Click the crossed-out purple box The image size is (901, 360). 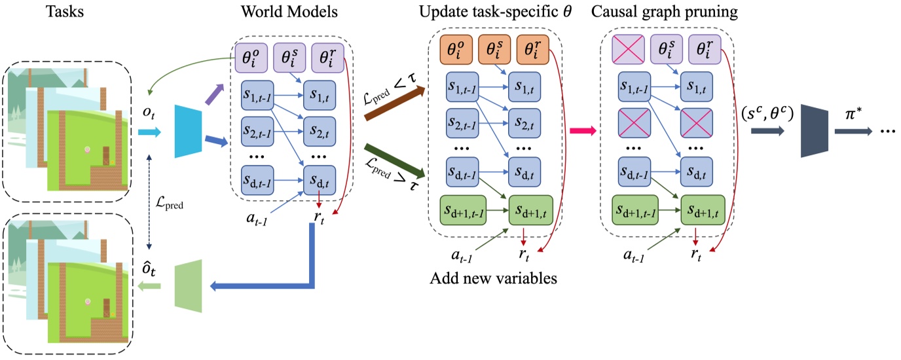pos(627,50)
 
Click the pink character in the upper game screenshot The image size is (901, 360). pos(87,150)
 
